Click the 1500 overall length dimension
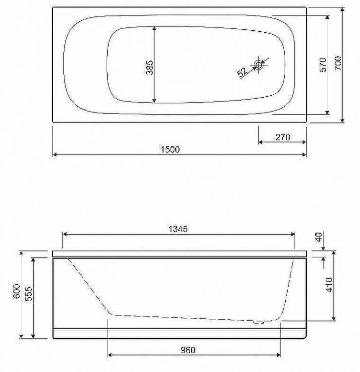(170, 149)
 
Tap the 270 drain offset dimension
(283, 137)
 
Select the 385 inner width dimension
(150, 67)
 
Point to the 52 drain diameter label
(242, 72)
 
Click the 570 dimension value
(323, 64)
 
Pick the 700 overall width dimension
(338, 63)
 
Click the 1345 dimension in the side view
(178, 229)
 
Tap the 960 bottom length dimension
(188, 350)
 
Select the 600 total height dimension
(16, 291)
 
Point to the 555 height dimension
(28, 294)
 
